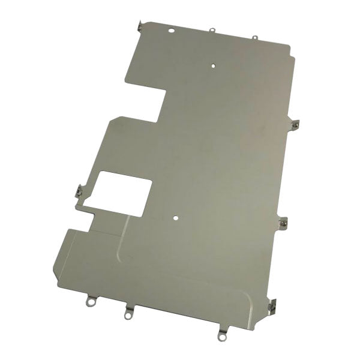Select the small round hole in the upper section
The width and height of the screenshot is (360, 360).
(x=214, y=62)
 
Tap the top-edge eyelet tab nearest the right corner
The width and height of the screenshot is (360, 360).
(x=254, y=38)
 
